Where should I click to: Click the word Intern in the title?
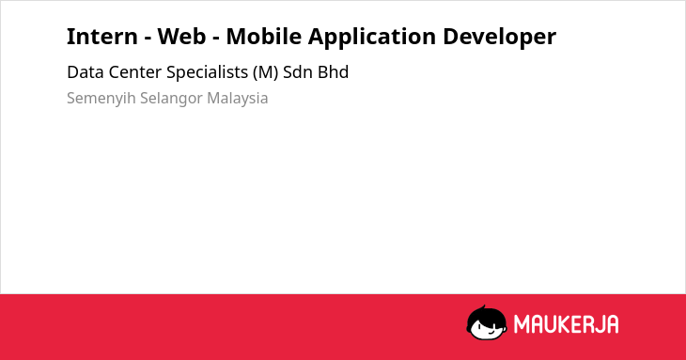pos(101,37)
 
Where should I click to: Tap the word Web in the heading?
pos(181,37)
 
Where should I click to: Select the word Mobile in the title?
pos(263,37)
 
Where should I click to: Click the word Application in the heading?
pos(372,38)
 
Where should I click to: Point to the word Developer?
pos(499,38)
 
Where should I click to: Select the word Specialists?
pos(208,73)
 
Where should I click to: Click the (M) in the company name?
pos(266,73)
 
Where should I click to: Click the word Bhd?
pos(334,72)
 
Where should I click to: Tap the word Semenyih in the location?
pos(101,99)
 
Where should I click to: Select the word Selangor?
pos(171,99)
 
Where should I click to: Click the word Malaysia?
pos(238,99)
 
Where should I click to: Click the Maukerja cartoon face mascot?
pos(487,323)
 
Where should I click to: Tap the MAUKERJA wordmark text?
pos(566,324)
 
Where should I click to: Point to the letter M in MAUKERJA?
pos(522,324)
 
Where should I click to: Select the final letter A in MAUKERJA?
pos(613,324)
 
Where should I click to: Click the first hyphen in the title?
pos(148,39)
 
